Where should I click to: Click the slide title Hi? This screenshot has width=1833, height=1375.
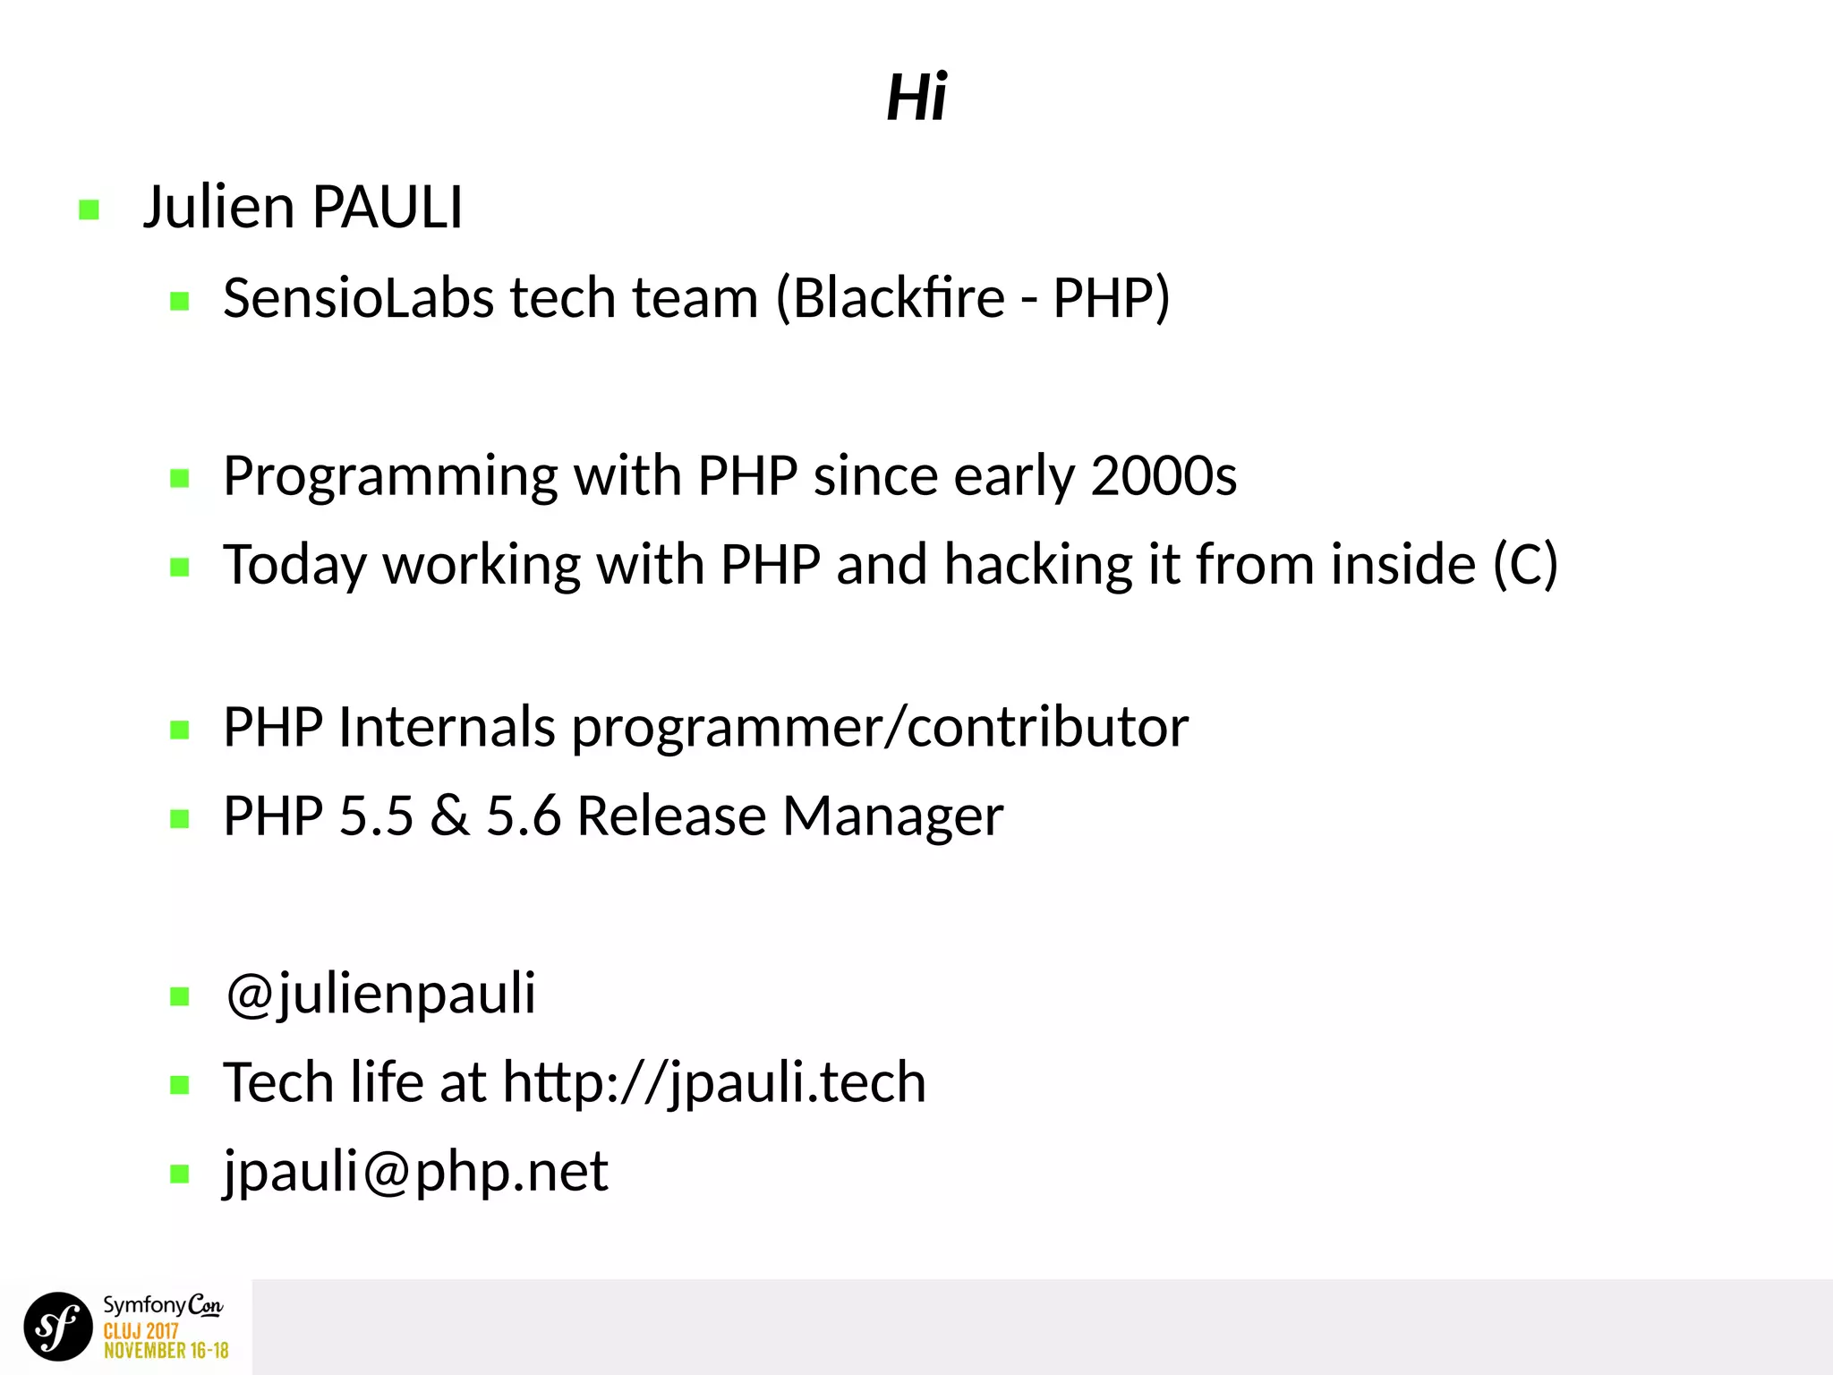tap(916, 97)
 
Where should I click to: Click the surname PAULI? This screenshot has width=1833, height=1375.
tap(387, 208)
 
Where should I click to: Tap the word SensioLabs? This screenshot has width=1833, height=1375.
tap(358, 298)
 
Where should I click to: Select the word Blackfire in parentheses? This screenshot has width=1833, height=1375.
tap(899, 298)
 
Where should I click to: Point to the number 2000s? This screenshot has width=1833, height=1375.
tap(1164, 475)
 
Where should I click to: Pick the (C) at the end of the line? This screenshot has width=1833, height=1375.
tap(1525, 565)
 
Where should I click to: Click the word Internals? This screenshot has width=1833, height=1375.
tap(447, 726)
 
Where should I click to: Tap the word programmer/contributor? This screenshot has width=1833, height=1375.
tap(880, 728)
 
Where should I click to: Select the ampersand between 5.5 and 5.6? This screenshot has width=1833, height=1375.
tap(449, 816)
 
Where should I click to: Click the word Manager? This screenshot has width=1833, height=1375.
tap(892, 817)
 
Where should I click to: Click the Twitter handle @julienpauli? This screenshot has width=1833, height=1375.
tap(380, 995)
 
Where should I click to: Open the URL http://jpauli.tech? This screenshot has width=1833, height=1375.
tap(713, 1083)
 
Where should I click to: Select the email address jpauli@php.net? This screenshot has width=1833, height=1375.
tap(416, 1172)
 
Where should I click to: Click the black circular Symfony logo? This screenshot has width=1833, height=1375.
tap(58, 1326)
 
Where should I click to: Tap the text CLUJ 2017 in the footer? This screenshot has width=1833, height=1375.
tap(141, 1332)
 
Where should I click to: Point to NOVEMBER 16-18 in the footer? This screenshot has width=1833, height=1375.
tap(166, 1350)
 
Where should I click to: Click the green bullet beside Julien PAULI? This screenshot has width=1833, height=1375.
tap(89, 210)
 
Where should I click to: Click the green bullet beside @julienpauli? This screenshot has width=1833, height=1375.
tap(180, 996)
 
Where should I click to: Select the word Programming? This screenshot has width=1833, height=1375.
tap(390, 477)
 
